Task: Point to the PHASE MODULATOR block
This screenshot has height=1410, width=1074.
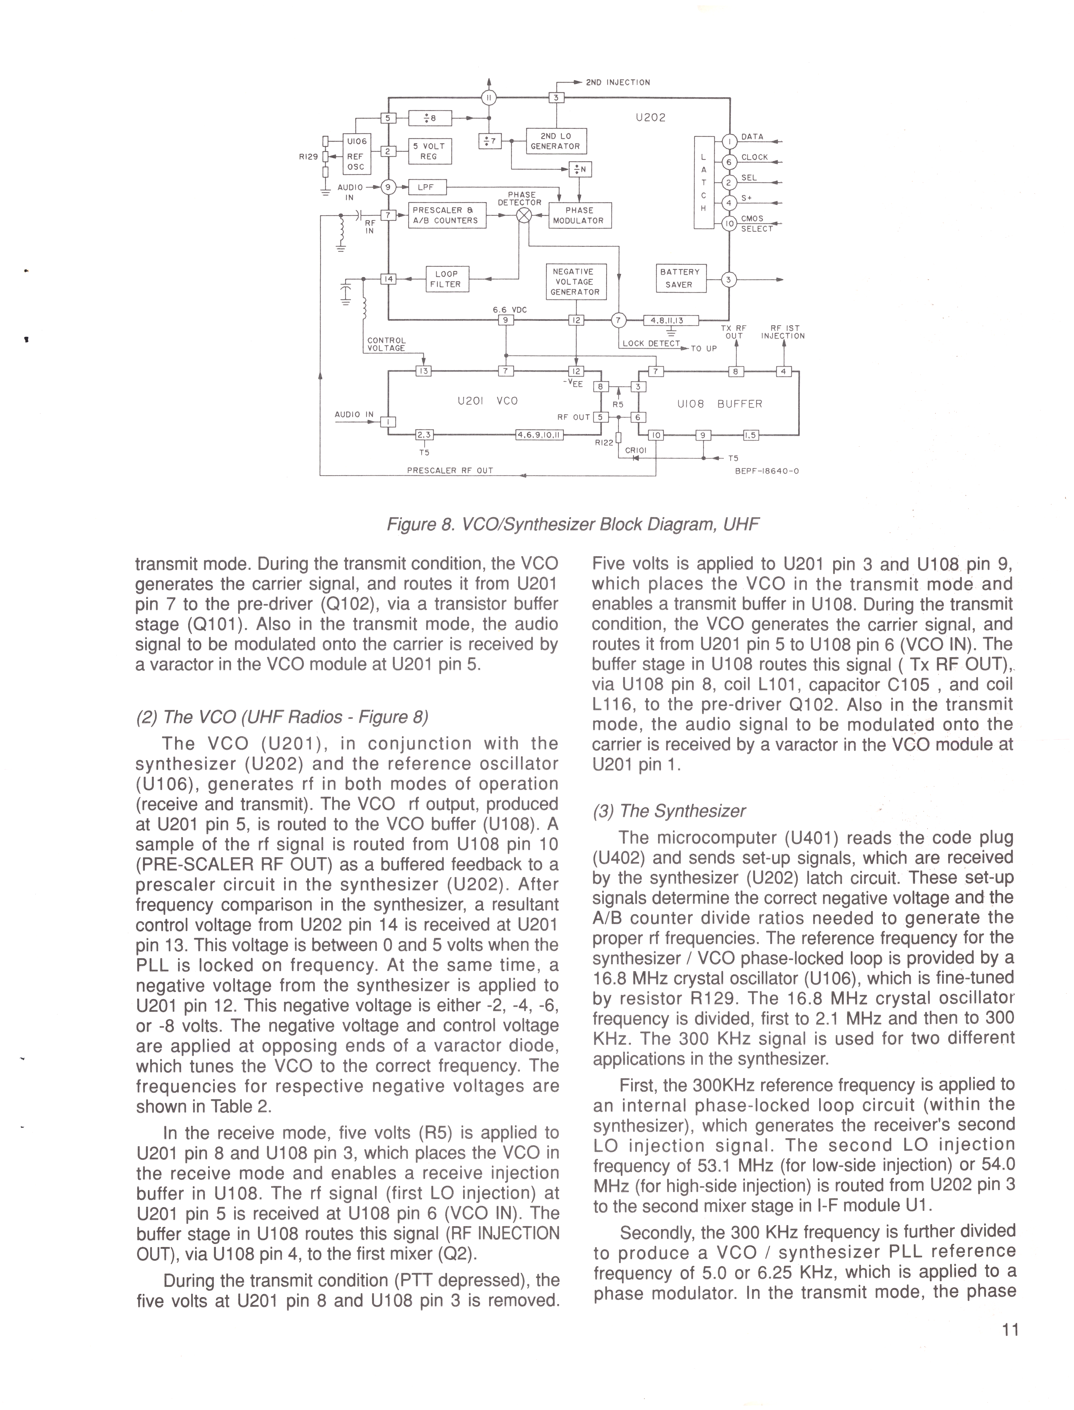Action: click(x=579, y=215)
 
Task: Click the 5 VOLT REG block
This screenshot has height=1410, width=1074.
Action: click(x=430, y=151)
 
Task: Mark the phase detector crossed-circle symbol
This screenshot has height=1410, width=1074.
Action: click(x=524, y=215)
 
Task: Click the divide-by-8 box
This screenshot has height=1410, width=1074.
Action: click(x=430, y=118)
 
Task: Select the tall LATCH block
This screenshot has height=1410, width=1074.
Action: click(x=704, y=182)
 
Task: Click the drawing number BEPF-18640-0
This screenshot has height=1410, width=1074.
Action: click(x=767, y=472)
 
